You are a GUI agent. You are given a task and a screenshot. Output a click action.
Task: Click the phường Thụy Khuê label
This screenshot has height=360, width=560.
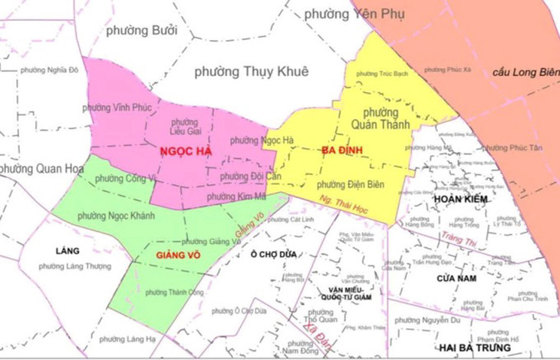click(252, 71)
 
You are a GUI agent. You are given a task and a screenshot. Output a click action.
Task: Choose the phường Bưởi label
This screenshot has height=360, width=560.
click(142, 31)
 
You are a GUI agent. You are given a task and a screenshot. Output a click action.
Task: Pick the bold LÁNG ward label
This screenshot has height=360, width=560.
click(68, 251)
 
